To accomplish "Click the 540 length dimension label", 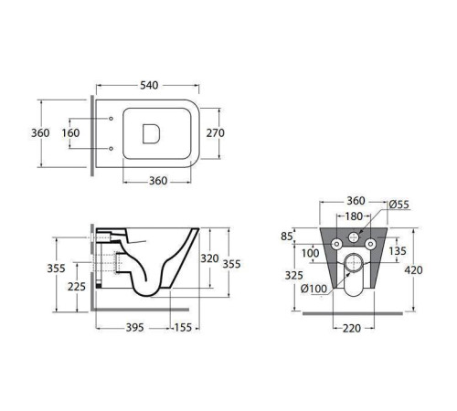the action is coord(149,85).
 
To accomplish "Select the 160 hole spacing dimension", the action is coord(70,133).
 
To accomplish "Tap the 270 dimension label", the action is coord(216,133).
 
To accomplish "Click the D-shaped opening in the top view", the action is coord(151,133).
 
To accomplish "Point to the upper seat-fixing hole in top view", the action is coord(112,119).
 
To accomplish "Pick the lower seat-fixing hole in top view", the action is coord(112,149).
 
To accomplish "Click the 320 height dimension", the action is coord(209,258).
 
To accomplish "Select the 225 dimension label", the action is coord(77,287).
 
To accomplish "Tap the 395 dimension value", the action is coord(135,328).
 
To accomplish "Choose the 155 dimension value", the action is coord(183,328).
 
